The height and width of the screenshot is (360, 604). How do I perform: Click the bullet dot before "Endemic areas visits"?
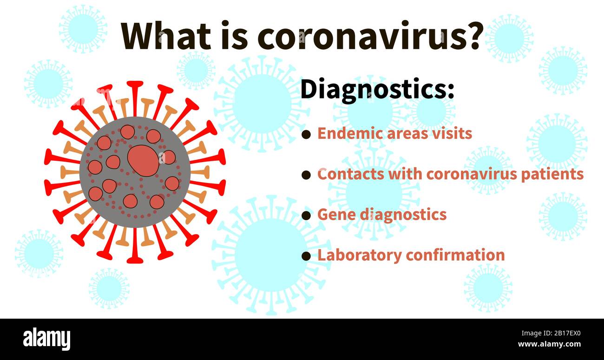point(306,135)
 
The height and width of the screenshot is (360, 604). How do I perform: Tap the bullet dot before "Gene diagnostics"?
point(306,216)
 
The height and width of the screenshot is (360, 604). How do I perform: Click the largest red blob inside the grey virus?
point(143,161)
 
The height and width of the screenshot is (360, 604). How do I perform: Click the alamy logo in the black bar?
point(46,338)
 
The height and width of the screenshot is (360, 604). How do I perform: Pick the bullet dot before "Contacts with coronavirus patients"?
point(306,175)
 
